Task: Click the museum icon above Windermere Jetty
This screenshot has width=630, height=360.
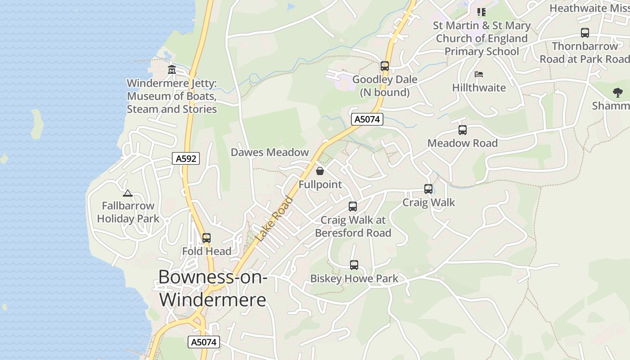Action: pyautogui.click(x=171, y=70)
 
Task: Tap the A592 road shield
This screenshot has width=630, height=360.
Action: pyautogui.click(x=186, y=158)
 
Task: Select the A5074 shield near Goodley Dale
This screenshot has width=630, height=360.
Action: pyautogui.click(x=367, y=119)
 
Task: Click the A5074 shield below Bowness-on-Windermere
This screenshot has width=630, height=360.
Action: pyautogui.click(x=204, y=342)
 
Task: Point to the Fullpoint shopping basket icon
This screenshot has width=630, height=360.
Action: pyautogui.click(x=319, y=171)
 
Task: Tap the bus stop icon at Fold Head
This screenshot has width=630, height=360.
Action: pyautogui.click(x=207, y=238)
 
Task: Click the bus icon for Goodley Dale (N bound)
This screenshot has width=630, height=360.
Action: pyautogui.click(x=384, y=66)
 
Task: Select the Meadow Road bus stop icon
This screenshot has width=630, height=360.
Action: pyautogui.click(x=463, y=130)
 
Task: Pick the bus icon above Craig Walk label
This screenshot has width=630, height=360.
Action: pyautogui.click(x=428, y=189)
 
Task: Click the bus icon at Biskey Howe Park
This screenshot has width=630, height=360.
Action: pyautogui.click(x=354, y=265)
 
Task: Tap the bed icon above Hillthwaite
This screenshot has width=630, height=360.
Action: pyautogui.click(x=479, y=74)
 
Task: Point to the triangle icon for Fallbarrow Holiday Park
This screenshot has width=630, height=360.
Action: pyautogui.click(x=128, y=193)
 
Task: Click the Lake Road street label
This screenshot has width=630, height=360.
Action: pyautogui.click(x=274, y=219)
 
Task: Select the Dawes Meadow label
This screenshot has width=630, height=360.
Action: pyautogui.click(x=270, y=152)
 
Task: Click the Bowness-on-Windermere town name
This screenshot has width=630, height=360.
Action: pyautogui.click(x=213, y=288)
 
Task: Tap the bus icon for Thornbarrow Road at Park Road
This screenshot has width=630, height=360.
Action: pyautogui.click(x=585, y=33)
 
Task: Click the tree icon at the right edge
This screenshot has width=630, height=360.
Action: pyautogui.click(x=618, y=93)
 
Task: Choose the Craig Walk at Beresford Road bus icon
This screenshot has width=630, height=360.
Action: pyautogui.click(x=353, y=207)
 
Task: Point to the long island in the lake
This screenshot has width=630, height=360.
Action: pyautogui.click(x=36, y=124)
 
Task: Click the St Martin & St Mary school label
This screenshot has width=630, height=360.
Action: pyautogui.click(x=481, y=38)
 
